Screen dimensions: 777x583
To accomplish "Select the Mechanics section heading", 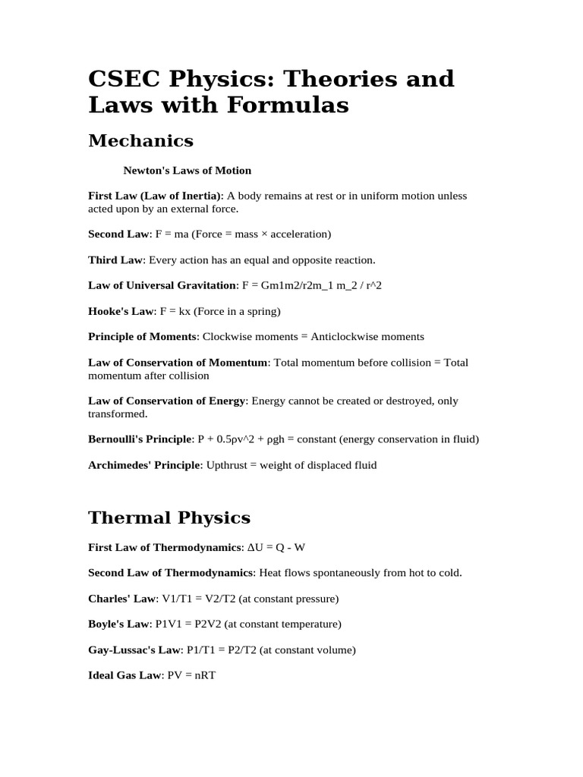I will [141, 141].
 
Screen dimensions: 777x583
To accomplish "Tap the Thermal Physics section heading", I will [169, 518].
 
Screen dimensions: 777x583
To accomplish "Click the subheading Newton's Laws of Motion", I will [188, 170].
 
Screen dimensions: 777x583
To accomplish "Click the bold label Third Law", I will [115, 260].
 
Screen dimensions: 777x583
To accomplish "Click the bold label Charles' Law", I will [122, 598].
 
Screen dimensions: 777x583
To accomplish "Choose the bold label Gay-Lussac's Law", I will [135, 650].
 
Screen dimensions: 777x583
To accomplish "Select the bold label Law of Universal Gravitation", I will [162, 285].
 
